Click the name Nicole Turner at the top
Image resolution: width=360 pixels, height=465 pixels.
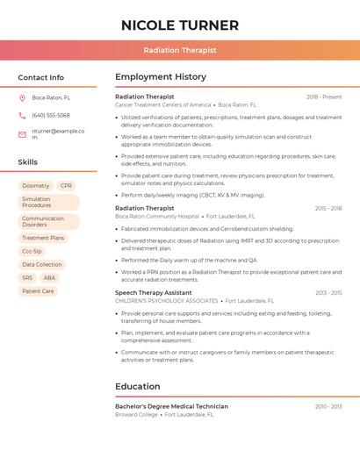pos(179,25)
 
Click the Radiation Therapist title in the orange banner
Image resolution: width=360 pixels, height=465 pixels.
pos(179,50)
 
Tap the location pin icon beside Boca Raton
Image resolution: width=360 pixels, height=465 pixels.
pos(22,97)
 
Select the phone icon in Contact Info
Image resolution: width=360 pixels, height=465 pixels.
pos(22,115)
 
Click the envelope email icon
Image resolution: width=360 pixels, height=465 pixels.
pos(22,133)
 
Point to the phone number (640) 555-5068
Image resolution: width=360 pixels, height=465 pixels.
pos(50,115)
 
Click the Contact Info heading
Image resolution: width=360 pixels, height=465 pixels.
pos(40,77)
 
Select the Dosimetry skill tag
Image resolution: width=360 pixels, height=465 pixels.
pos(36,186)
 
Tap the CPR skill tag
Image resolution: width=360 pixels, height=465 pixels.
pos(67,186)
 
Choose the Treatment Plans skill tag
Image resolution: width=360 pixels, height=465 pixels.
pos(43,238)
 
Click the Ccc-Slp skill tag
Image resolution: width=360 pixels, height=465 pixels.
pos(32,251)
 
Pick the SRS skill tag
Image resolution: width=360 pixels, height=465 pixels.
pos(27,277)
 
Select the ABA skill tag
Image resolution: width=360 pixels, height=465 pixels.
pos(49,277)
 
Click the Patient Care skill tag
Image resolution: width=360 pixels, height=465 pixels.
pos(38,290)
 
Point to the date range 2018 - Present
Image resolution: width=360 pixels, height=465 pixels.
pos(324,97)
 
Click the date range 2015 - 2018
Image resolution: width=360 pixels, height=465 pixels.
pos(328,208)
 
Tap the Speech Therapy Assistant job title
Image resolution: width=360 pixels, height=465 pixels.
pos(153,292)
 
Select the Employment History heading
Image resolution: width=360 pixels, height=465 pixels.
pos(161,77)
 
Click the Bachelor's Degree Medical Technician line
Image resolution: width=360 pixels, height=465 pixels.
pos(171,406)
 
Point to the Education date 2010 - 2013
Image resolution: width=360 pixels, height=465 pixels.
pos(328,406)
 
